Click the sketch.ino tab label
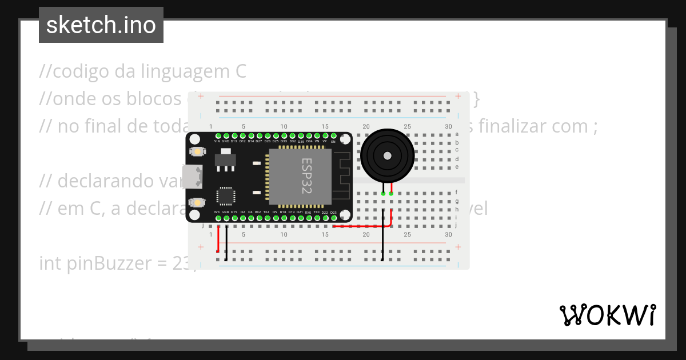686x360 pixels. [101, 25]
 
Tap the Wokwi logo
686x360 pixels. [607, 315]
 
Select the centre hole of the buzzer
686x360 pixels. [388, 155]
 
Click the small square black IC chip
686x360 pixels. [225, 196]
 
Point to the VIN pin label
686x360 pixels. [217, 141]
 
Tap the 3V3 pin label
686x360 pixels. [217, 212]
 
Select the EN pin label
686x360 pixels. [333, 141]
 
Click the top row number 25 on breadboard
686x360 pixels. [407, 126]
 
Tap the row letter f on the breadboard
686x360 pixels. [457, 193]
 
